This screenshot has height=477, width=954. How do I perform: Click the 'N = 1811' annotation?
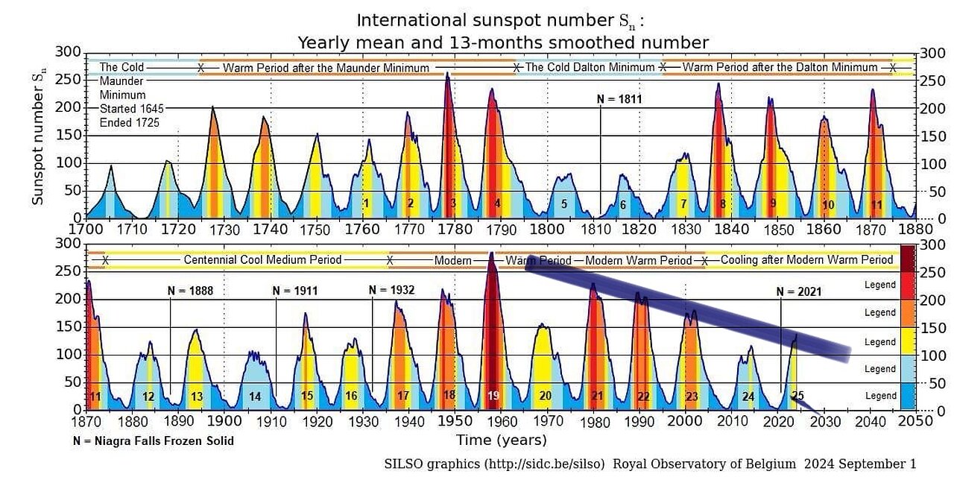619,98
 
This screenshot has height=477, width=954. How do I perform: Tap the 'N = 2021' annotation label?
799,291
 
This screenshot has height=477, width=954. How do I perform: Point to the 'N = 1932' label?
392,289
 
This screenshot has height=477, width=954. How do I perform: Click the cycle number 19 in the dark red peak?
493,396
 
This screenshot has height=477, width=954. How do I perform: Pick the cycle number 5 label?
564,203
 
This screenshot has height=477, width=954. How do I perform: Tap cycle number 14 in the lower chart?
255,397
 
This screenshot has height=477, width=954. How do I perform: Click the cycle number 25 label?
797,396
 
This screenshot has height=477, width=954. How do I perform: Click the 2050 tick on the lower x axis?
915,421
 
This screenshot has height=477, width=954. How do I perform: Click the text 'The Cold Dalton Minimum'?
590,67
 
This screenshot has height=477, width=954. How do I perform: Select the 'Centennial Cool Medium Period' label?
262,260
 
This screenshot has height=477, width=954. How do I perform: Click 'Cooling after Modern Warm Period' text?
806,260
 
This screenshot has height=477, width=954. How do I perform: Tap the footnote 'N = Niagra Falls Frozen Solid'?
154,440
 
